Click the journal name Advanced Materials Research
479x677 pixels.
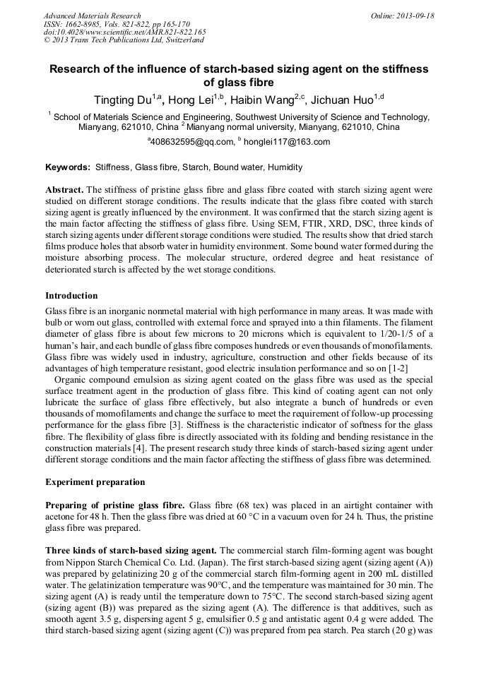pyautogui.click(x=92, y=16)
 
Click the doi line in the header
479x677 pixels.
pyautogui.click(x=124, y=32)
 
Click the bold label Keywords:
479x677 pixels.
pyautogui.click(x=68, y=167)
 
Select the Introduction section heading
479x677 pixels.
pyautogui.click(x=71, y=296)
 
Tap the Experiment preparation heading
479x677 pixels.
pyautogui.click(x=95, y=482)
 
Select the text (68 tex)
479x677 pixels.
pyautogui.click(x=246, y=505)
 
